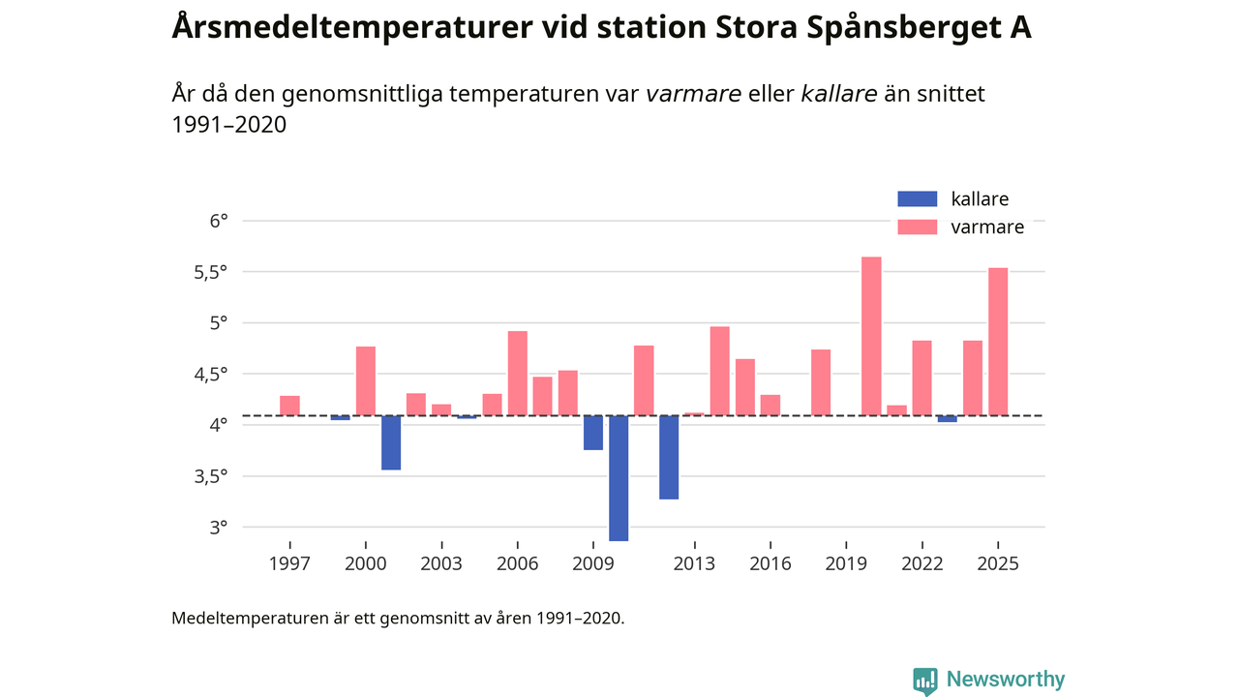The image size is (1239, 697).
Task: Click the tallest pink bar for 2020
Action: click(x=871, y=336)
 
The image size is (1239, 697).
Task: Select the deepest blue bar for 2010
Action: click(x=619, y=478)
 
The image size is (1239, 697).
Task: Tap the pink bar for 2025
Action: click(x=998, y=342)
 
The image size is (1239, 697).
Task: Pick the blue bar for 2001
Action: click(x=391, y=442)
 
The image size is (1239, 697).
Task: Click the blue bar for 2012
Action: click(x=669, y=457)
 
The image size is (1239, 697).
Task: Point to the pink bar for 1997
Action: click(x=289, y=406)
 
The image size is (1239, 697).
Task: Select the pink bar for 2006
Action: click(x=518, y=374)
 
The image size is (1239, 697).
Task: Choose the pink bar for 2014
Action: click(x=719, y=371)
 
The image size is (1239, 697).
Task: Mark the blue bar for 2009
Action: click(x=593, y=433)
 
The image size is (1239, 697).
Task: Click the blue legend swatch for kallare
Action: click(x=918, y=199)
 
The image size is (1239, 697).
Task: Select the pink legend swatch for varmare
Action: click(x=918, y=227)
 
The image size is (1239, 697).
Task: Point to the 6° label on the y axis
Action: click(x=219, y=221)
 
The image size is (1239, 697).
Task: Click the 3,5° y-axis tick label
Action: click(x=213, y=476)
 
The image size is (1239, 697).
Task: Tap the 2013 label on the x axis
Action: click(x=694, y=563)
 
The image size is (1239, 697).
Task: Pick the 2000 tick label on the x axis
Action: click(x=366, y=563)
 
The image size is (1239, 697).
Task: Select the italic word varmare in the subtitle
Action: click(x=693, y=94)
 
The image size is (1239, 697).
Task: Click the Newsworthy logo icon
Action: click(x=925, y=681)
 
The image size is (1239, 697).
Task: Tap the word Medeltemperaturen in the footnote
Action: click(x=249, y=618)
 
